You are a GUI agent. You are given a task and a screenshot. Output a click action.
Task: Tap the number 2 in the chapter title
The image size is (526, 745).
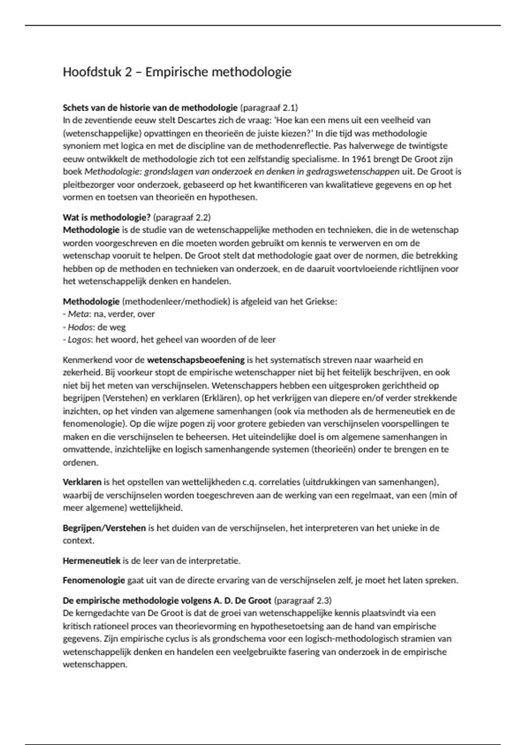[128, 72]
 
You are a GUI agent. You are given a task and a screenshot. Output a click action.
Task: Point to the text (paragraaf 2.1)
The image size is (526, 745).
[269, 107]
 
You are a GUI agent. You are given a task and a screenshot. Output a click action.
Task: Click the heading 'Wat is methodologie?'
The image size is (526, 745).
[107, 217]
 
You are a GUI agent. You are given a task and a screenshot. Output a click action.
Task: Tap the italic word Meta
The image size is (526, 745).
[77, 314]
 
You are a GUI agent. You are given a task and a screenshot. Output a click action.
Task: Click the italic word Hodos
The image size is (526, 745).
[80, 327]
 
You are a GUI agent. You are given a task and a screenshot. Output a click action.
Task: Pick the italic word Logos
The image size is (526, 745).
[79, 340]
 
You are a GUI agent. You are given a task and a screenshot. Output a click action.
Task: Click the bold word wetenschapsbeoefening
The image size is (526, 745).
[195, 360]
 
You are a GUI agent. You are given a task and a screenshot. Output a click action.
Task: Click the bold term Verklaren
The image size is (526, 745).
[82, 482]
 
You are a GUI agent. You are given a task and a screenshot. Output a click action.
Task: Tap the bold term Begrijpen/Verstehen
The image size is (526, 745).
[104, 528]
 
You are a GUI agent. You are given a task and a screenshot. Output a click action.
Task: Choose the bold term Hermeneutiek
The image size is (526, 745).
[91, 561]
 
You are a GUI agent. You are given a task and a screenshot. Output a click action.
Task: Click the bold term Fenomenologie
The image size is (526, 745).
[94, 581]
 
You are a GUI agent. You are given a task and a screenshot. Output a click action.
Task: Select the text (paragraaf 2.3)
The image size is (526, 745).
[303, 600]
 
